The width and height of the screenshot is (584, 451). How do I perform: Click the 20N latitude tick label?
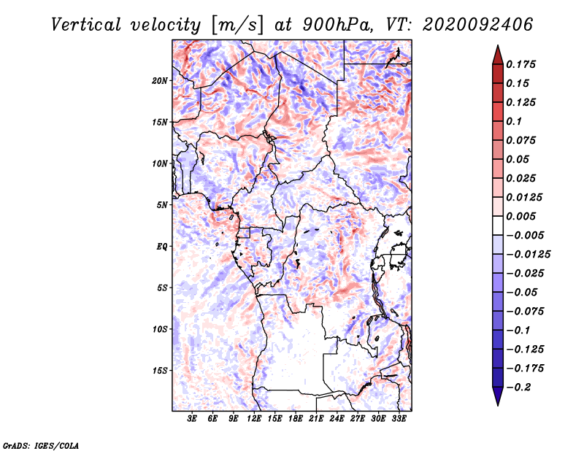coord(160,80)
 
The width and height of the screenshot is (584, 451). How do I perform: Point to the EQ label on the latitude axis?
coord(162,247)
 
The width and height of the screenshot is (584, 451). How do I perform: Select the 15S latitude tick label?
coord(160,371)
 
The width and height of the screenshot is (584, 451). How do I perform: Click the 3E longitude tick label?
coord(193,420)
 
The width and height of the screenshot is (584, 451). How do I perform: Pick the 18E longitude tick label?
coord(295,420)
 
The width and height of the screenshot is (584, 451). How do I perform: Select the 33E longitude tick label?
coord(398,420)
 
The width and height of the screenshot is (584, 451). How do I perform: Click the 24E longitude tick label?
coord(336,420)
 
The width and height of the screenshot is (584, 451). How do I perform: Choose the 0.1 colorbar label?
coord(515,121)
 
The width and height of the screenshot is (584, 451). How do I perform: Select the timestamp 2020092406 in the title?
coord(467,24)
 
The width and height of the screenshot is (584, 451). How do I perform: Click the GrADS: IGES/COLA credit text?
coord(40,444)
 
